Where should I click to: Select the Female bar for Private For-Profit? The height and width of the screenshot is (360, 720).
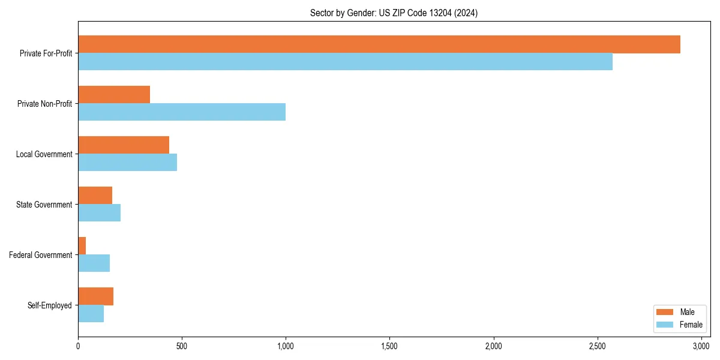click(x=345, y=62)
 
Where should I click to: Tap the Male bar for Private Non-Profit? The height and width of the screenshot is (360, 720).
click(x=114, y=95)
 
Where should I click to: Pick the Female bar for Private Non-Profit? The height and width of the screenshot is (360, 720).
click(x=182, y=112)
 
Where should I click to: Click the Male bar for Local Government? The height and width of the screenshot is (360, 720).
click(x=124, y=145)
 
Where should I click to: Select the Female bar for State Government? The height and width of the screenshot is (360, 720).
click(x=99, y=213)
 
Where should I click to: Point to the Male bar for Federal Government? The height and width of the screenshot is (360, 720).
click(x=82, y=246)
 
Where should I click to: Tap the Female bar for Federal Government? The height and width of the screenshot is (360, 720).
click(x=94, y=263)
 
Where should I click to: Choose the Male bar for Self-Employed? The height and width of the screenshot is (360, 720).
click(x=95, y=296)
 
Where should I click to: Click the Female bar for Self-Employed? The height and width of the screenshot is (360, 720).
click(x=91, y=314)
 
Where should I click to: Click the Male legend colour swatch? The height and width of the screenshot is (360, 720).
click(x=665, y=312)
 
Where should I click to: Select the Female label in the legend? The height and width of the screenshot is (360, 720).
click(x=691, y=325)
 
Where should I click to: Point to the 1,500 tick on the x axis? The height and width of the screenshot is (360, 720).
click(x=389, y=346)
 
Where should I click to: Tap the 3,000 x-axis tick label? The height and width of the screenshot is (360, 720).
click(x=701, y=346)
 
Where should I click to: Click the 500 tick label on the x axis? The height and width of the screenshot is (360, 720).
click(x=182, y=346)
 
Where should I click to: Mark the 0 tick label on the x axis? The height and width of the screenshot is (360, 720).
click(x=78, y=346)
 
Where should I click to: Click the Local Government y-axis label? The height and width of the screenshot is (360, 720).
click(x=44, y=154)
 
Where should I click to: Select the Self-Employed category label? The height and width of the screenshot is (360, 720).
click(x=50, y=305)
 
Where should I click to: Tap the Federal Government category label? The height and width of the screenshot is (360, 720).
click(x=41, y=255)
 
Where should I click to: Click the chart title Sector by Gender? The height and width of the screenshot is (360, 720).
click(x=394, y=13)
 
